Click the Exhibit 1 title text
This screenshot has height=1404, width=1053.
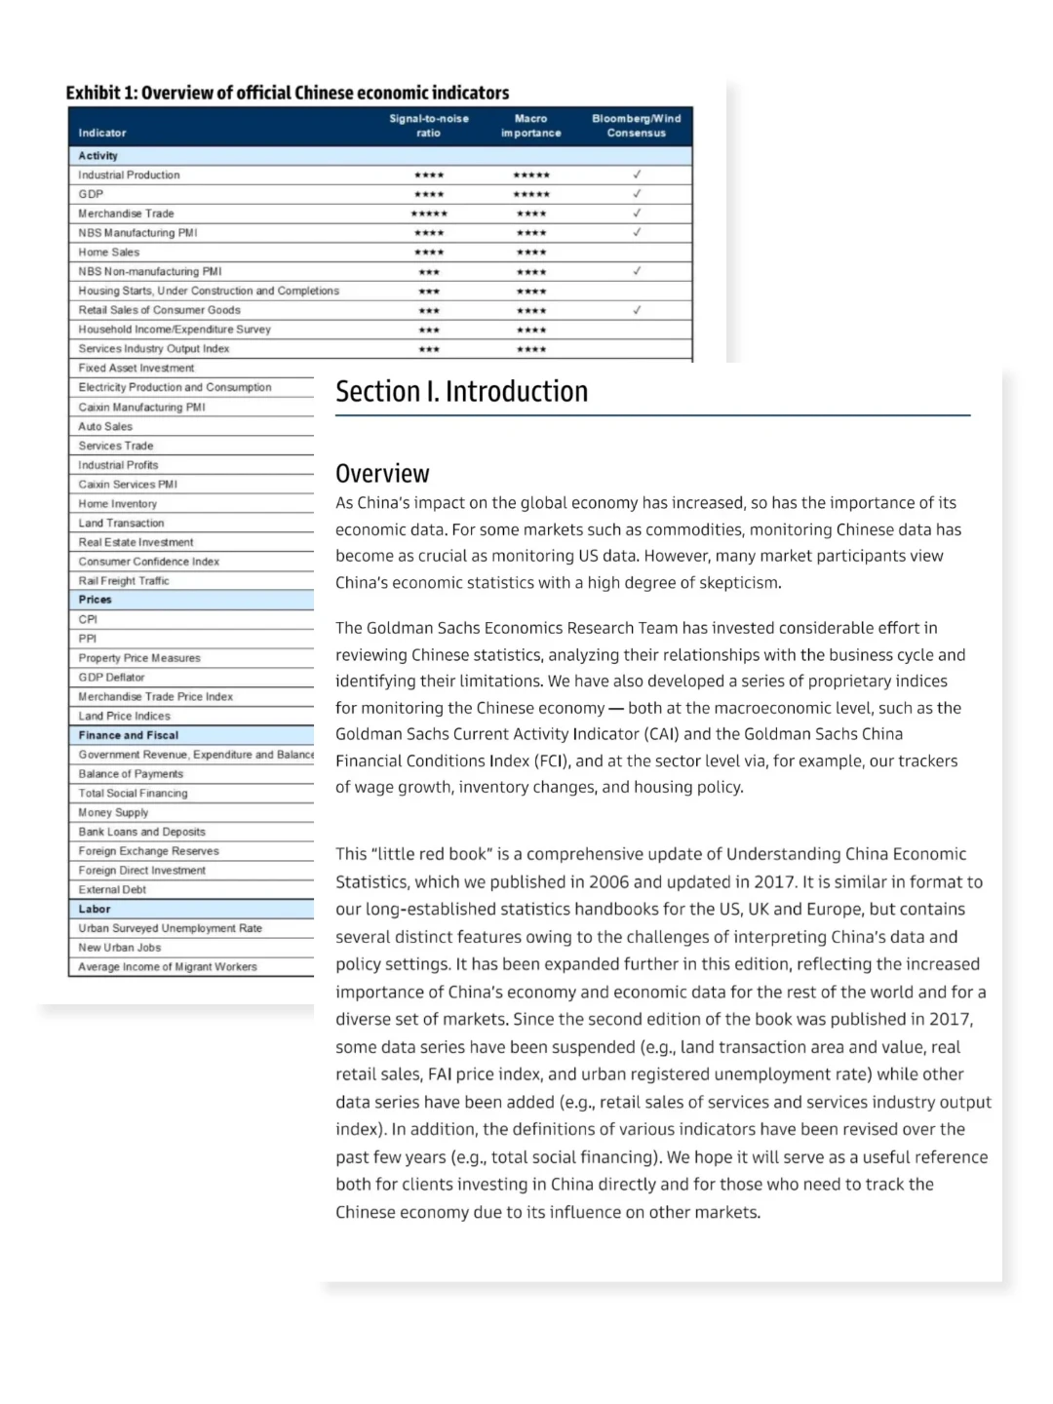point(287,94)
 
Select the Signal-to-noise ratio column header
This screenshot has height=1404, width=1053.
point(429,126)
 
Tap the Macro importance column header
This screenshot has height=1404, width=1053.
point(531,126)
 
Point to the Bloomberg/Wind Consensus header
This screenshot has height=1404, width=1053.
point(636,126)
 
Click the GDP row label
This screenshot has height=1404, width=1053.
point(91,194)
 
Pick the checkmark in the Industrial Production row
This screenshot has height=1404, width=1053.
point(637,175)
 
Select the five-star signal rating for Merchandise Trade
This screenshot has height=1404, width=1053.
point(429,214)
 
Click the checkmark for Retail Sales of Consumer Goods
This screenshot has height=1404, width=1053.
point(637,310)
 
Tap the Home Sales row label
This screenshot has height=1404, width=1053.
point(109,252)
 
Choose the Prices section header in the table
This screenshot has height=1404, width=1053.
point(96,600)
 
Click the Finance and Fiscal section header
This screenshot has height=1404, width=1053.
point(129,735)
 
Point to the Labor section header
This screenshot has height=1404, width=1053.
point(95,909)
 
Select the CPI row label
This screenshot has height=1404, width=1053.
point(88,619)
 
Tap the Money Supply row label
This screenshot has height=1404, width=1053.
point(113,812)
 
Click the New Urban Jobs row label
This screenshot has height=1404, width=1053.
point(120,948)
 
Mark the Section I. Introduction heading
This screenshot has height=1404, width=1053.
point(462,391)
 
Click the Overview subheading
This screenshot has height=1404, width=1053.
point(382,474)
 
